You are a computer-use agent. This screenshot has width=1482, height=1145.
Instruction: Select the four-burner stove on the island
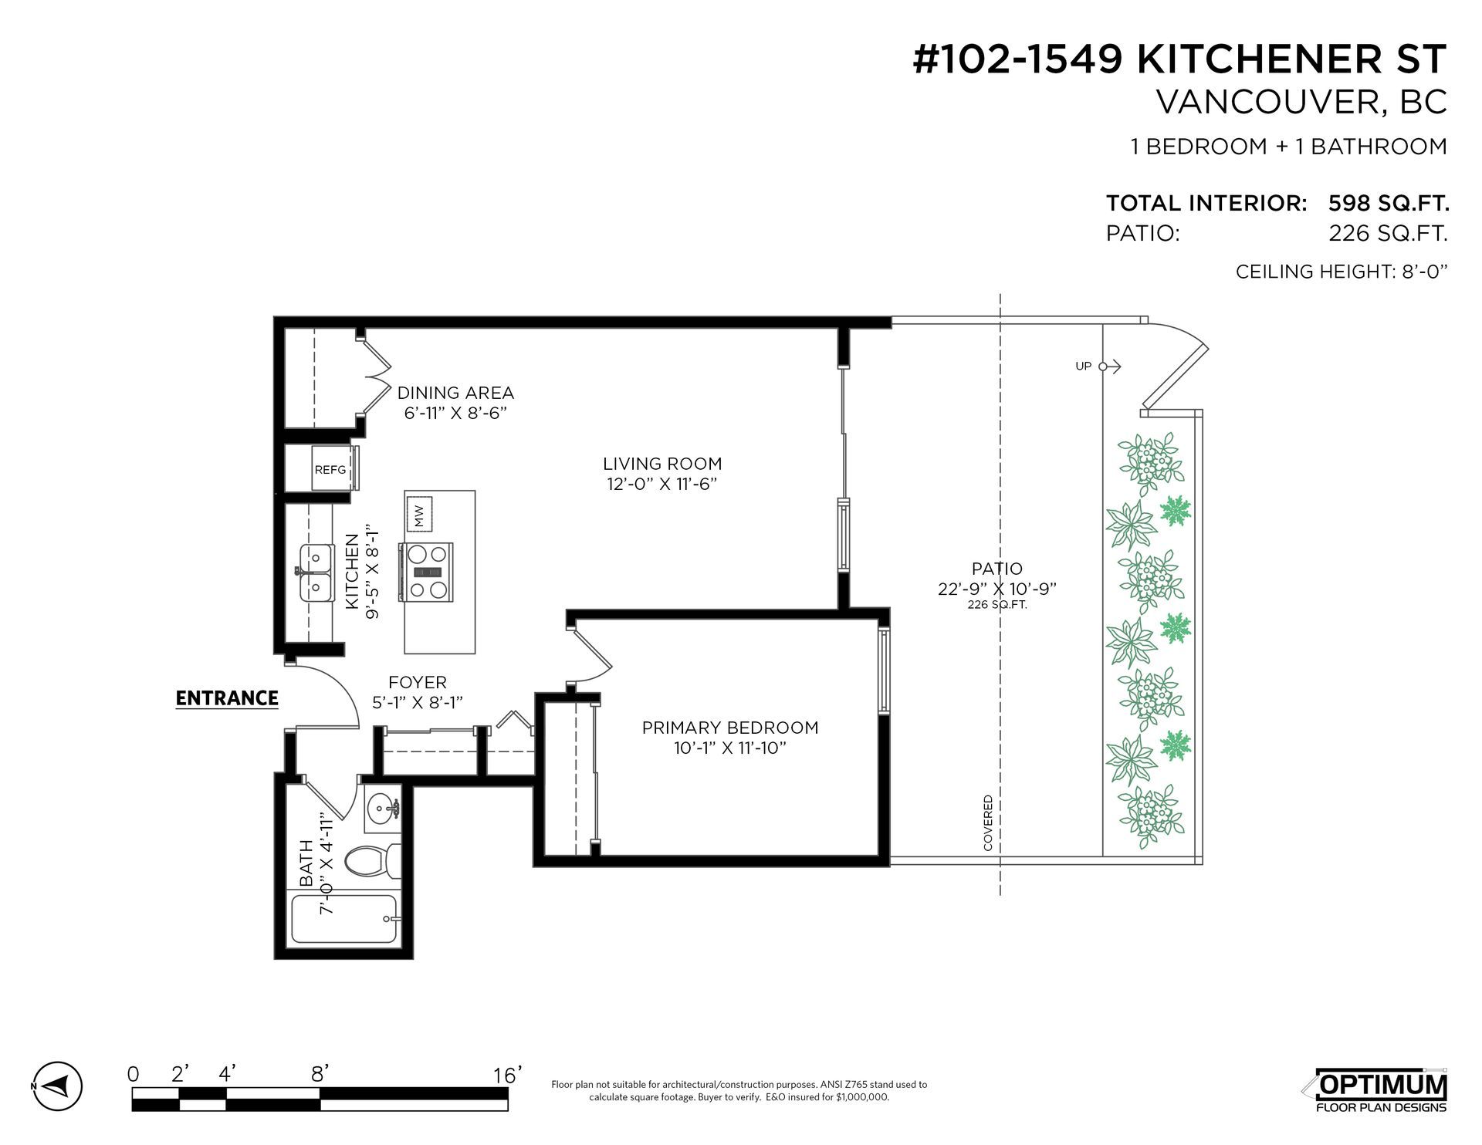(425, 572)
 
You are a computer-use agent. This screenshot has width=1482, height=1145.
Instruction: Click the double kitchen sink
(316, 572)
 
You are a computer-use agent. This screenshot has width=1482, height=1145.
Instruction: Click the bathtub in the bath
(344, 919)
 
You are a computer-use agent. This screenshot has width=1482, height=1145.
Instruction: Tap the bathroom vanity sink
(381, 810)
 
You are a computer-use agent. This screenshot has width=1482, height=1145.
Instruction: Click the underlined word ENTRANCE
(227, 698)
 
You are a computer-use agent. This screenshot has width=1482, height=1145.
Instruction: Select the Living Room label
(662, 464)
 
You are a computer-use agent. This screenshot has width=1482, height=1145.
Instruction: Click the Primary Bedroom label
(730, 728)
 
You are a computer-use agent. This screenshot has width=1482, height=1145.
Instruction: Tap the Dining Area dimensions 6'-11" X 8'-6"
(455, 414)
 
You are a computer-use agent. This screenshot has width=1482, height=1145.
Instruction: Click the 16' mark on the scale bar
(508, 1075)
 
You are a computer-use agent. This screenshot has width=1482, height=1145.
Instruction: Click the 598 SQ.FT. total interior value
(1388, 204)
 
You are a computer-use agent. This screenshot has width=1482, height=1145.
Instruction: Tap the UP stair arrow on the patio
(1099, 366)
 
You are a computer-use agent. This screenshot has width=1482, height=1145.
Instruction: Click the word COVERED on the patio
(988, 823)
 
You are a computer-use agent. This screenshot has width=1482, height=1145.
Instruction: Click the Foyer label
(418, 683)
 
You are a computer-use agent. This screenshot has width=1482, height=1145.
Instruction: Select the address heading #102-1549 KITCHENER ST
(1179, 60)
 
